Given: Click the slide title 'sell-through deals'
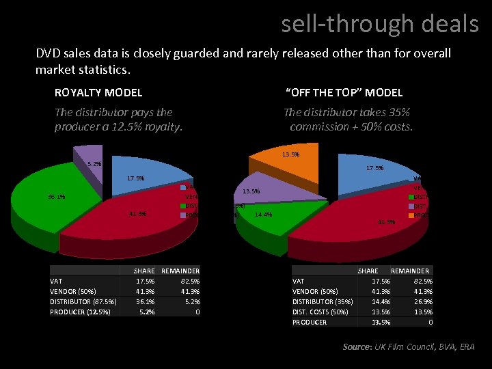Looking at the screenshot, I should click(x=380, y=24).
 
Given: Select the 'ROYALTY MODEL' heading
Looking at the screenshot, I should click(x=98, y=92).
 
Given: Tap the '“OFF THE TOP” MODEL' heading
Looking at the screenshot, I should click(x=343, y=92).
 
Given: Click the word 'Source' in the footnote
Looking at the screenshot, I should click(x=356, y=347).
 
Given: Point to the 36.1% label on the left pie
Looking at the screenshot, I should click(x=57, y=197).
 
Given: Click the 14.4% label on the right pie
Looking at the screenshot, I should click(x=263, y=215).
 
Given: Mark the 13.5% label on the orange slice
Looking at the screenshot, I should click(x=290, y=154).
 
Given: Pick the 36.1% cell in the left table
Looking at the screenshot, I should click(x=144, y=301).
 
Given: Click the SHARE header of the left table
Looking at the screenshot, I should click(x=143, y=271).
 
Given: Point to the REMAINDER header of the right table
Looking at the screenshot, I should click(x=409, y=271).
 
